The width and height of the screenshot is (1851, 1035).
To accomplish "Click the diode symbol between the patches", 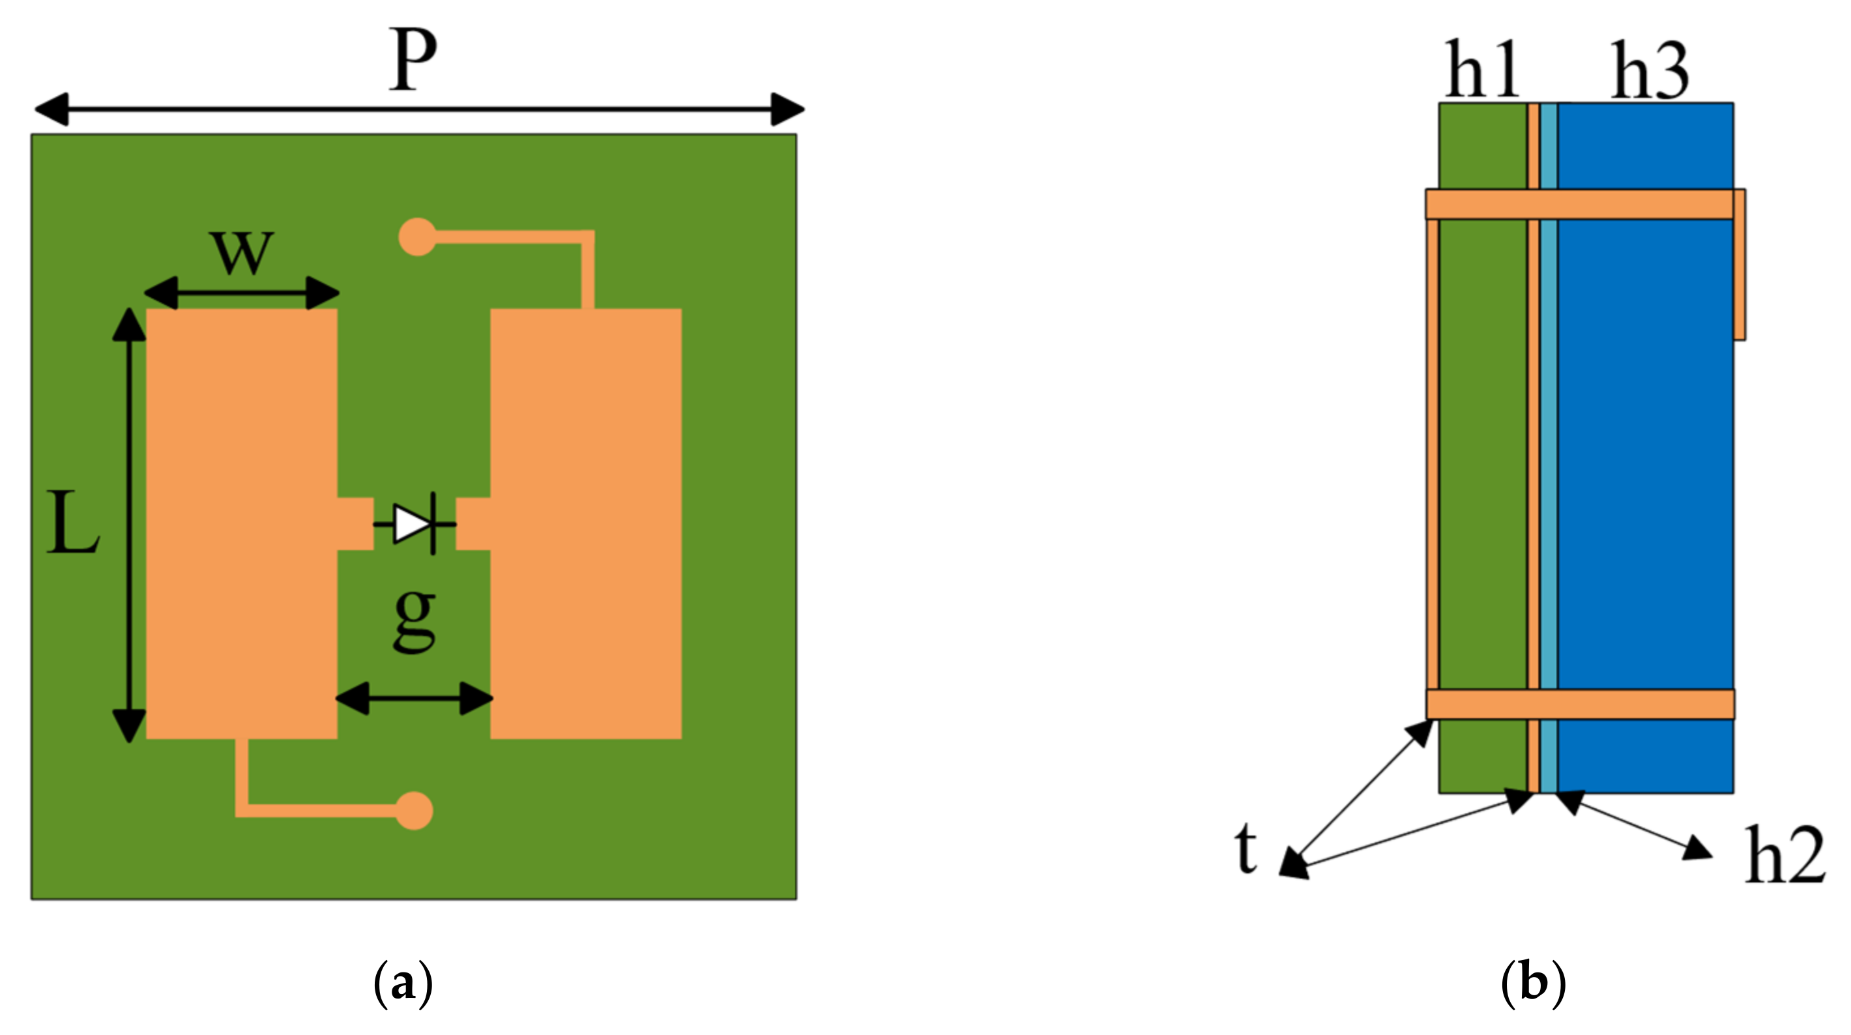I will point(415,524).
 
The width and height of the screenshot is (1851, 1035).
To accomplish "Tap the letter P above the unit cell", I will point(413,61).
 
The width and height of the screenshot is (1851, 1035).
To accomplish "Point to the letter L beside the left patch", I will point(72,523).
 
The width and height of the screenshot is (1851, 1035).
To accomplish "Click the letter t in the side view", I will point(1247,848).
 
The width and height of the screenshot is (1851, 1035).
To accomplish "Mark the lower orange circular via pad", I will point(414,811).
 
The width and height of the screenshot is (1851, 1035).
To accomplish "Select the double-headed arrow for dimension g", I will point(414,698).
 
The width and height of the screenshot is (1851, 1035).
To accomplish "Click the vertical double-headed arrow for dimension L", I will point(129,525).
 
